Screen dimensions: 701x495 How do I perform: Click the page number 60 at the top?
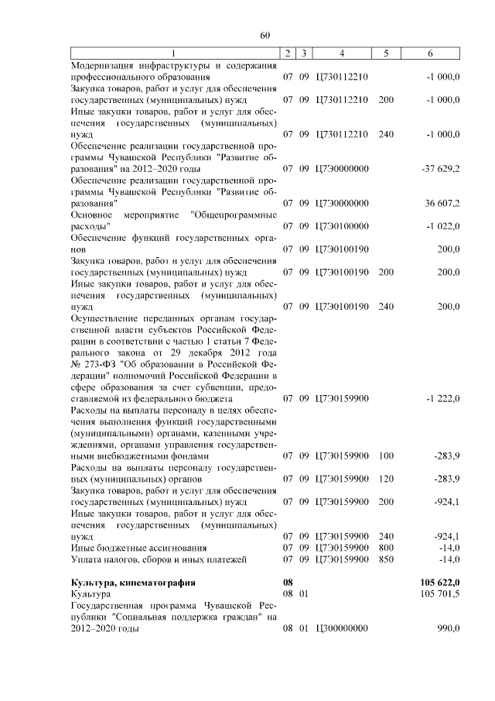pos(265,35)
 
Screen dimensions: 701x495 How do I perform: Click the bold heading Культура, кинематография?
pos(132,581)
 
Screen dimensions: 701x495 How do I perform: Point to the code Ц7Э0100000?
pos(342,226)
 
